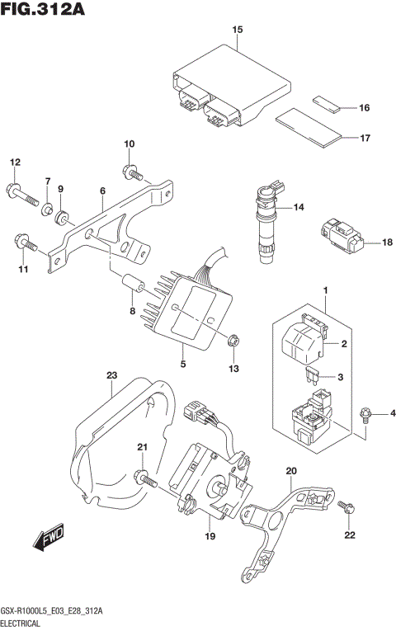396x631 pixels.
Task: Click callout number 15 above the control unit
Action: pos(237,31)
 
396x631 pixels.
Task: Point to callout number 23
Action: pos(111,375)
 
